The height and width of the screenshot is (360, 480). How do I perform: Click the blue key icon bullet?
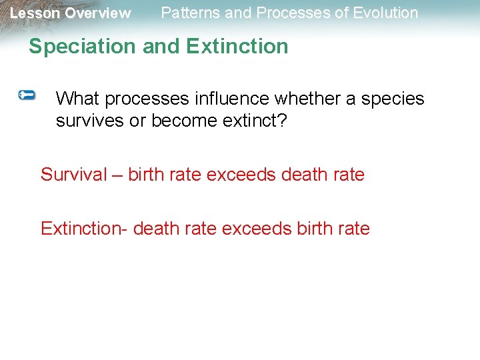(x=27, y=96)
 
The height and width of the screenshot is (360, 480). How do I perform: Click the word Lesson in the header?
(x=35, y=13)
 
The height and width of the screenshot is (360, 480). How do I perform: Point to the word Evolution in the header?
(x=385, y=13)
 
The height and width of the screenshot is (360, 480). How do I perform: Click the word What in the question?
(x=78, y=99)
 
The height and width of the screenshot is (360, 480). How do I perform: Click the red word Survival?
(x=73, y=175)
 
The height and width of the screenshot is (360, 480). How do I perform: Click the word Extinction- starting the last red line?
(x=84, y=229)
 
